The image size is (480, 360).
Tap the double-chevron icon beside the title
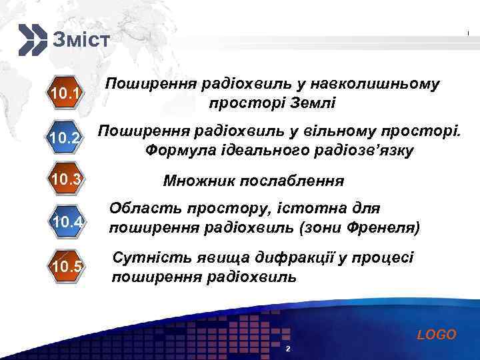[x=32, y=39]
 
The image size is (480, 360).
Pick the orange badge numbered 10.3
[x=66, y=179]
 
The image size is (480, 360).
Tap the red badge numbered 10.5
[x=66, y=267]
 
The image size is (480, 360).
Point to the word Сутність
[x=147, y=257]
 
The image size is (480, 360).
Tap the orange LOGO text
[x=437, y=335]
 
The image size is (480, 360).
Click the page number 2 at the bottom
[x=287, y=350]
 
